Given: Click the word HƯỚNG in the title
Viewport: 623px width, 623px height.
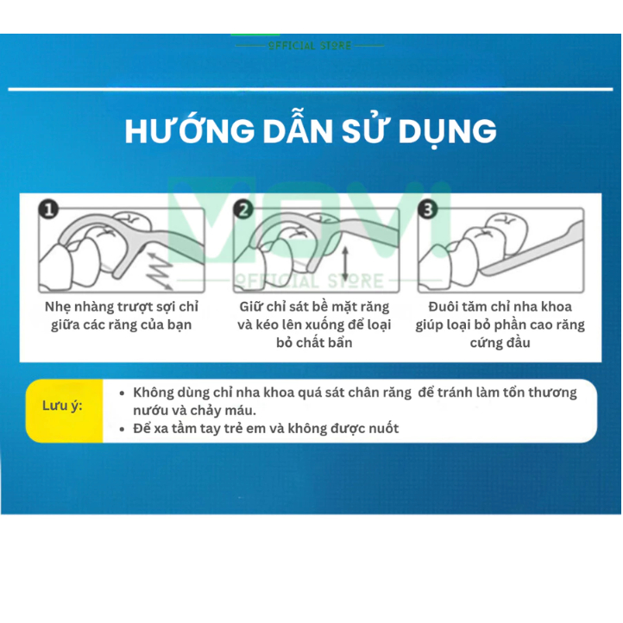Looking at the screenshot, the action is click(190, 131).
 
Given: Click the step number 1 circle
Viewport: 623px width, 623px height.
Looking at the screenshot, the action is click(48, 210).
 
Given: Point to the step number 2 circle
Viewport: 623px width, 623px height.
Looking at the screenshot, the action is click(243, 210).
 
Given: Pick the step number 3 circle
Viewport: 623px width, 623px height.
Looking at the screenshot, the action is click(427, 210).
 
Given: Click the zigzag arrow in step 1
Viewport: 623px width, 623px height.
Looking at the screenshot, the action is click(160, 270).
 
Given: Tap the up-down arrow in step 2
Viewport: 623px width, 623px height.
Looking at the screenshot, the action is click(345, 263).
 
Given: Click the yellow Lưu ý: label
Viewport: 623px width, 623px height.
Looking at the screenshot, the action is click(62, 406).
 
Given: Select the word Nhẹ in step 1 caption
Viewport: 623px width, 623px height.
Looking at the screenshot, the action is click(58, 307).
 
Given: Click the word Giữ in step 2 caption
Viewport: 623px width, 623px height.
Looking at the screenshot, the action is click(251, 306).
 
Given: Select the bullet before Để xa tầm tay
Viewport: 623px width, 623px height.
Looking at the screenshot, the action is click(123, 430).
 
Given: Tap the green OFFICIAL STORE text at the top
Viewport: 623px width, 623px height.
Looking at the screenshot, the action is click(310, 46).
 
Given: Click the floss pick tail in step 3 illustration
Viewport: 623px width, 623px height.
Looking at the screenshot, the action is click(532, 249).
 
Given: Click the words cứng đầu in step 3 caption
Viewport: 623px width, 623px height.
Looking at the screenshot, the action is click(500, 343).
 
